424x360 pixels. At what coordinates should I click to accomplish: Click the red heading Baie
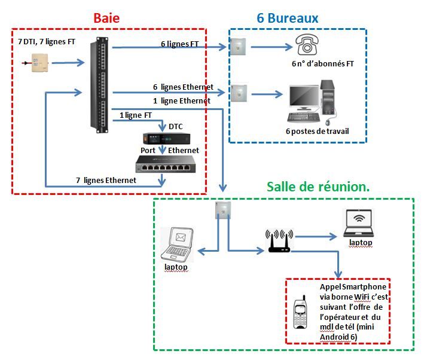tap(106, 18)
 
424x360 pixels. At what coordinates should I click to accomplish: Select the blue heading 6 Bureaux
tap(287, 18)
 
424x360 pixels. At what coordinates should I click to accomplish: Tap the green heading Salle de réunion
tap(318, 187)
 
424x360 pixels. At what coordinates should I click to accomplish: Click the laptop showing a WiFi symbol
tap(361, 224)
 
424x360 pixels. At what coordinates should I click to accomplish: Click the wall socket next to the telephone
tap(239, 45)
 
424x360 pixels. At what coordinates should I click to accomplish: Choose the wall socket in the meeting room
tap(221, 209)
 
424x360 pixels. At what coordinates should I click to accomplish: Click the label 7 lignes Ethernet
tap(106, 180)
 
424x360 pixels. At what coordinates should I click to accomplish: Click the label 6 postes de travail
tap(317, 131)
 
